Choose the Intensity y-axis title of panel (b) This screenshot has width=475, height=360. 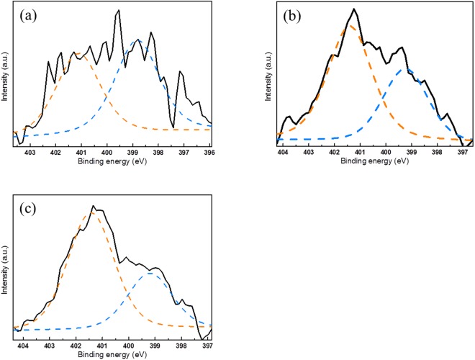coord(268,72)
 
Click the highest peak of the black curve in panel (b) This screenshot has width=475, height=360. coord(354,9)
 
